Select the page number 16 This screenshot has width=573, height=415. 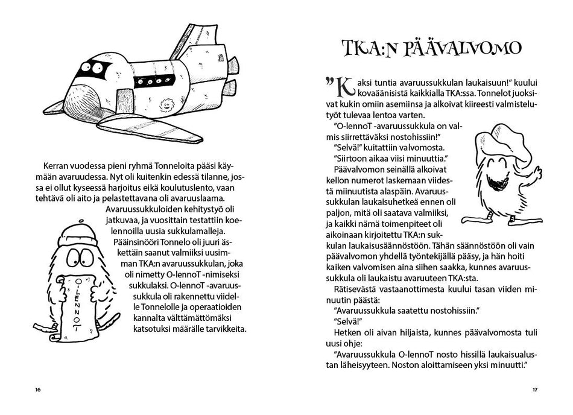(37, 390)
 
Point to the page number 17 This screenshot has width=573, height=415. (534, 390)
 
